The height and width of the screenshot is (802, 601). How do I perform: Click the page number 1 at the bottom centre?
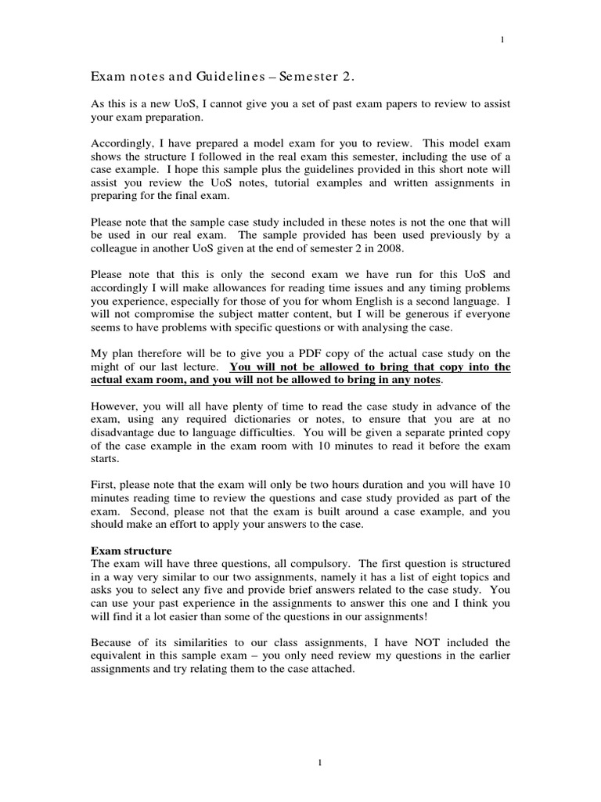300,764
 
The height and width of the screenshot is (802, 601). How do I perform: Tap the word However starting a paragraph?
114,406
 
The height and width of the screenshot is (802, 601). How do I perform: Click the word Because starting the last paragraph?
113,641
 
